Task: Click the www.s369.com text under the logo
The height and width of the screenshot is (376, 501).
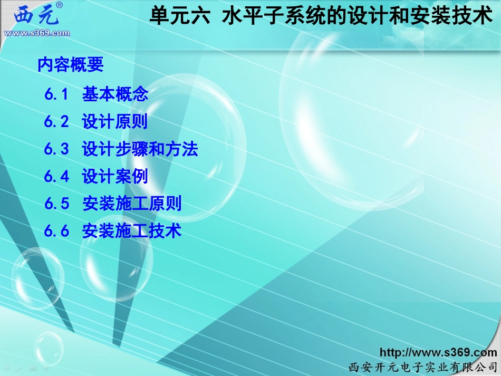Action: tap(36, 33)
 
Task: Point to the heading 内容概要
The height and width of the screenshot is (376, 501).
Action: tap(71, 65)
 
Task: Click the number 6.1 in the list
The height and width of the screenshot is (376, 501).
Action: tap(57, 94)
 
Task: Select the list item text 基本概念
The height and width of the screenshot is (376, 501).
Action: tap(115, 94)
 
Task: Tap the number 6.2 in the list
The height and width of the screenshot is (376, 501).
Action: tap(57, 122)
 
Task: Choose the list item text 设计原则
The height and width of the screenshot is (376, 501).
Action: tap(115, 122)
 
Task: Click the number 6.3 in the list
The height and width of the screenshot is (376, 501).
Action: tap(57, 149)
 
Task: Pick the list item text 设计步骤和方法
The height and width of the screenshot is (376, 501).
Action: tap(140, 149)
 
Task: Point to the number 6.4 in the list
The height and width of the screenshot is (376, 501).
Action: tap(57, 176)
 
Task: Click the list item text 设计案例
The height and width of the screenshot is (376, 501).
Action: tap(115, 176)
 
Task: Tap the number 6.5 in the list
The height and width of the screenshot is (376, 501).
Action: tap(57, 204)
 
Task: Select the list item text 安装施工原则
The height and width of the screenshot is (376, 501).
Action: tap(132, 204)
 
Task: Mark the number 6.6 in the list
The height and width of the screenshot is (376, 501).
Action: tap(57, 231)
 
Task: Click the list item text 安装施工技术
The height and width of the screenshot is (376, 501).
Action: tap(132, 231)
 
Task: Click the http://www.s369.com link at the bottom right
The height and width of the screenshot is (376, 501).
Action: tap(438, 353)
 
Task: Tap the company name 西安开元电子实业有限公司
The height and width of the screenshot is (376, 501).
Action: tap(423, 367)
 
